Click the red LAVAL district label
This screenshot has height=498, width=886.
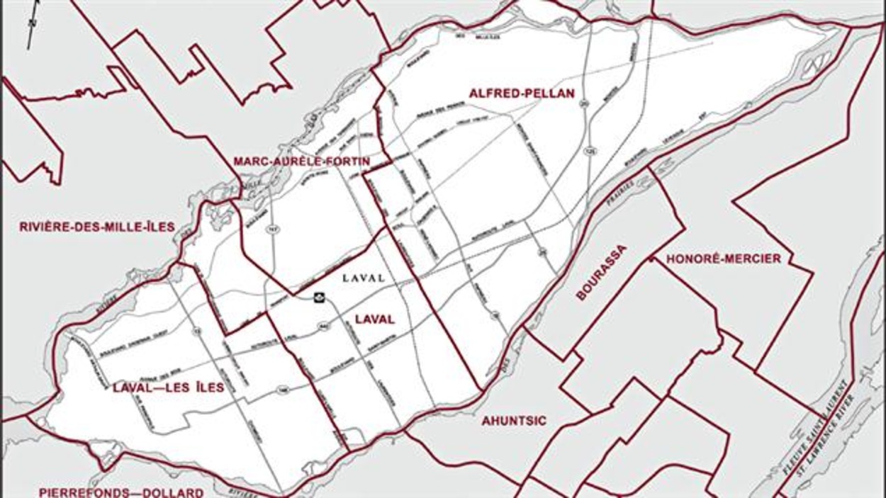(x=375, y=319)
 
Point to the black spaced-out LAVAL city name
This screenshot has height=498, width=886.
(x=363, y=278)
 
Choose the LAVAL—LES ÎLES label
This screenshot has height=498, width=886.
(x=168, y=387)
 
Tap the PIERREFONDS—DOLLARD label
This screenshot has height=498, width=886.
(x=121, y=492)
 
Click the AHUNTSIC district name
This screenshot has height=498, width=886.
(x=514, y=421)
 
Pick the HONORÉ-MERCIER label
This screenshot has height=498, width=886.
(x=723, y=259)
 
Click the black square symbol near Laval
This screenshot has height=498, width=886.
(x=320, y=298)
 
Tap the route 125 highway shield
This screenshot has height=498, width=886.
(x=589, y=150)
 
